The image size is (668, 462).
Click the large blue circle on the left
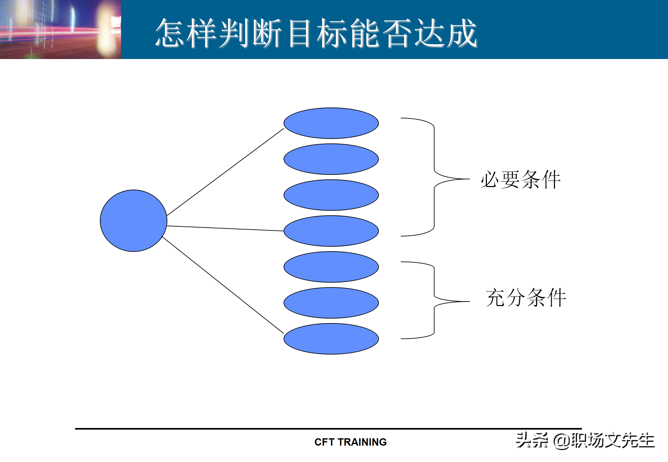coord(133,221)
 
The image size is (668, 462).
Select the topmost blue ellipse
coord(331,123)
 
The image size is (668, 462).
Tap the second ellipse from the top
coord(331,159)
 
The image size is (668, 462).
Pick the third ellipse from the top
coord(331,195)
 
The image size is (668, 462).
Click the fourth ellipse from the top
coord(331,231)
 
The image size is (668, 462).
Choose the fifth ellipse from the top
coord(331,267)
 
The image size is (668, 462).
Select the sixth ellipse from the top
coord(331,303)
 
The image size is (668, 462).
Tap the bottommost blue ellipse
coord(331,339)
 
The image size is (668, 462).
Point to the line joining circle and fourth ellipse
coord(225,228)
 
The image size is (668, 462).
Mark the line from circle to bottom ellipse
coord(223,285)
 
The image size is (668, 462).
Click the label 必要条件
coord(520,180)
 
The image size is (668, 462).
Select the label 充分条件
coord(525,298)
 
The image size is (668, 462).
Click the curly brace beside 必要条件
coord(434,177)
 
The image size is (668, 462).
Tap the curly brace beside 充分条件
coord(434,300)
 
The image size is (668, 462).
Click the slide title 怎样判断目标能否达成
coord(316,33)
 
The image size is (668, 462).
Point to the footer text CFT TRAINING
coord(350,442)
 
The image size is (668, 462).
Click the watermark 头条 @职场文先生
coord(585,440)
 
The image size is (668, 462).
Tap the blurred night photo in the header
coord(60,29)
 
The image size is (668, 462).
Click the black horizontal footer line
coord(328,429)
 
